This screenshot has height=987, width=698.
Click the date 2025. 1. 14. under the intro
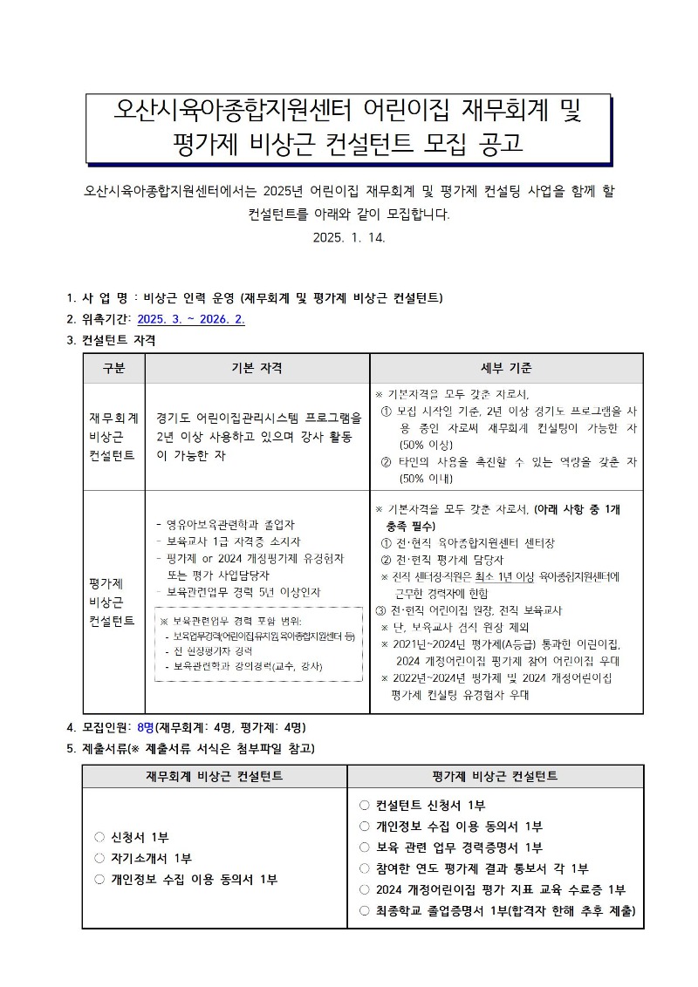point(349,236)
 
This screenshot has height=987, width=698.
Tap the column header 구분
point(113,368)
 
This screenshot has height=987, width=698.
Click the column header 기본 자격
point(257,368)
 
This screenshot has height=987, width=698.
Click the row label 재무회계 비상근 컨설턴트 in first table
point(113,436)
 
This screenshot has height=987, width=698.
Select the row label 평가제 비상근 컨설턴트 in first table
point(113,602)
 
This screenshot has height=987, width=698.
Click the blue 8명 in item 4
point(146,727)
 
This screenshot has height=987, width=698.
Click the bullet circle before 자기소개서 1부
point(99,859)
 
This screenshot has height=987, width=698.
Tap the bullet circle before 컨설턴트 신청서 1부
point(365,805)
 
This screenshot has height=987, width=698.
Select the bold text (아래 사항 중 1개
point(566,509)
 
